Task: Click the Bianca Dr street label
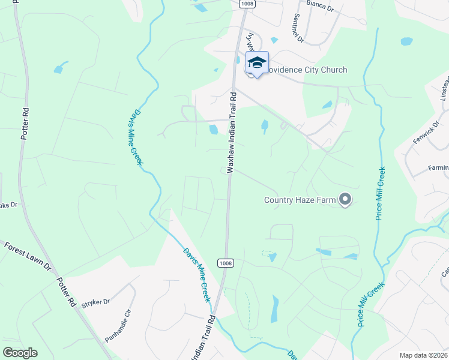[x=320, y=5]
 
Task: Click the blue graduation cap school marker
[x=257, y=62]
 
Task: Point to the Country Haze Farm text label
[x=300, y=200]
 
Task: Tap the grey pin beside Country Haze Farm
[x=345, y=199]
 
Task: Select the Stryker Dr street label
[x=99, y=302]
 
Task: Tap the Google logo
[x=19, y=353]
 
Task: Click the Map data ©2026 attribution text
[x=423, y=355]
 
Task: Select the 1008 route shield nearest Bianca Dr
[x=246, y=4]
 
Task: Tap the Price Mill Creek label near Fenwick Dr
[x=380, y=193]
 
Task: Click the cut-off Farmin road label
[x=438, y=167]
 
